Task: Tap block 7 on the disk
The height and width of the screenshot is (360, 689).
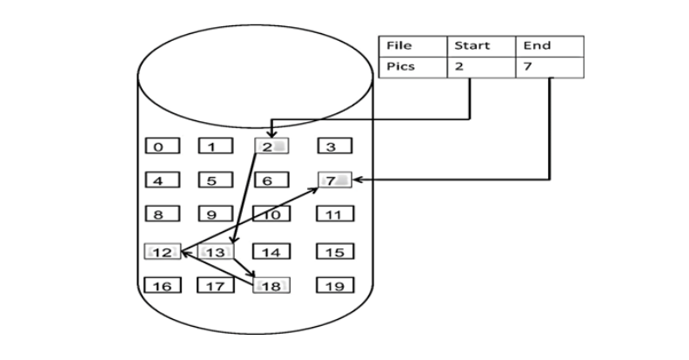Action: click(x=334, y=180)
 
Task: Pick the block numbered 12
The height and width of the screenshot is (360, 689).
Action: click(x=163, y=252)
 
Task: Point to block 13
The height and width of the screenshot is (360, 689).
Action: click(x=217, y=252)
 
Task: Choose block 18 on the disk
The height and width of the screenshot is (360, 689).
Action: click(x=271, y=285)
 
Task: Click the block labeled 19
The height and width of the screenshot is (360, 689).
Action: click(x=334, y=285)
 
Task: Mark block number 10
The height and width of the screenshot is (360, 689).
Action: click(x=271, y=214)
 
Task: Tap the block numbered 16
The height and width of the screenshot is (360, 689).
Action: click(x=163, y=285)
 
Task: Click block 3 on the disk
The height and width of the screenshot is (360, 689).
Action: click(x=334, y=146)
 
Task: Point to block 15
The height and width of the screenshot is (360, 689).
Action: click(x=334, y=252)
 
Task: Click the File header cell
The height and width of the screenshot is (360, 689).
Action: click(x=412, y=46)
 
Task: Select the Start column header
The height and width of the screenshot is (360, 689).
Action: click(x=479, y=46)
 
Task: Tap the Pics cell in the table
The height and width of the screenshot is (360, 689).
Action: click(x=412, y=67)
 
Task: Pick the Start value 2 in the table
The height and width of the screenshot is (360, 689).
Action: click(x=479, y=67)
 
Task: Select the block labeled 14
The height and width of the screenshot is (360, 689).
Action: click(x=271, y=252)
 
